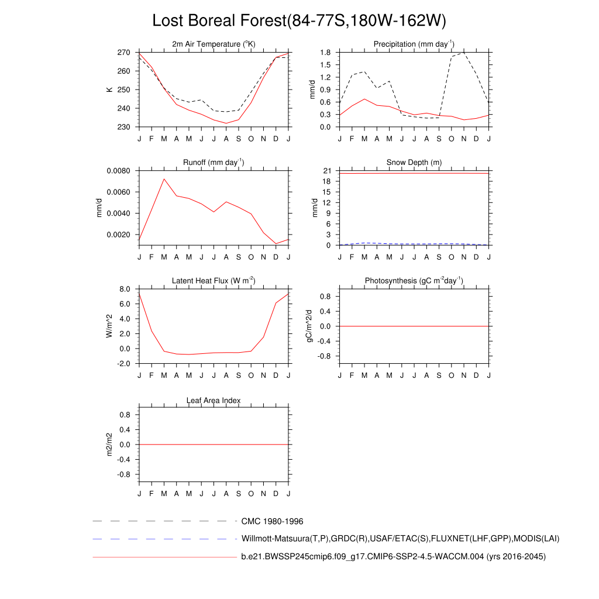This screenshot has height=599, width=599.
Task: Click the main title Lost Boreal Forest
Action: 299,20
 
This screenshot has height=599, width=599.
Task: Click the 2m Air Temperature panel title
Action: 214,44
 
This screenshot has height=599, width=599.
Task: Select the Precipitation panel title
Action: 414,44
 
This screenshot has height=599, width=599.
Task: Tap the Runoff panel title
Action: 214,163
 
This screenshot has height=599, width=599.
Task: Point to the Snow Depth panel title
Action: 414,163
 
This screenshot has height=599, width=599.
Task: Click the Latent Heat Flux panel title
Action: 214,281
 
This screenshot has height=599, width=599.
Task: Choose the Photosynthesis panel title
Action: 414,281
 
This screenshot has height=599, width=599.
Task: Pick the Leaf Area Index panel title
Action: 214,401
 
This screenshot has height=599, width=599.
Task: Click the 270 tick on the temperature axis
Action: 124,53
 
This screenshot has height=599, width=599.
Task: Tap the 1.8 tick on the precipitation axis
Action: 326,53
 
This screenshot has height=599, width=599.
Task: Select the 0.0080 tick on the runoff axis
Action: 118,171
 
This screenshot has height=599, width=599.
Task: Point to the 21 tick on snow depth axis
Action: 328,171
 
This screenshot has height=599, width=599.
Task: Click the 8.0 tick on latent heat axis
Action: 124,289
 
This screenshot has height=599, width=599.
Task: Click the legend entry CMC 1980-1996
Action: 272,521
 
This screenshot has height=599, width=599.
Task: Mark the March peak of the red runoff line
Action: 164,179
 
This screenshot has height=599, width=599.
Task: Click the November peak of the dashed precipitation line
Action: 464,53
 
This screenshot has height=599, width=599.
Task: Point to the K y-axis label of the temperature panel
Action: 109,89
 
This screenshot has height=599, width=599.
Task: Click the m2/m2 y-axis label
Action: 109,445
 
